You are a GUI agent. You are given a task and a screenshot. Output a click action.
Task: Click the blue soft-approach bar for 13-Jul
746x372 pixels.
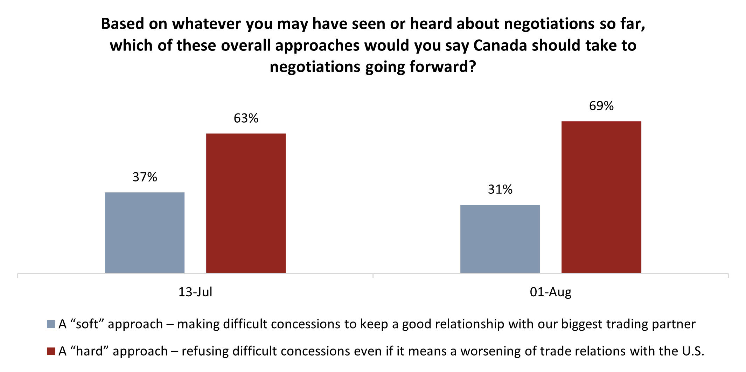point(145,233)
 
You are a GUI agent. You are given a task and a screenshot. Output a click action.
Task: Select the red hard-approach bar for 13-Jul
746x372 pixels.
point(246,203)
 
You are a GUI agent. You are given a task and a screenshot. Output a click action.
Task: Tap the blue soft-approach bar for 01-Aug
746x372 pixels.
point(500,239)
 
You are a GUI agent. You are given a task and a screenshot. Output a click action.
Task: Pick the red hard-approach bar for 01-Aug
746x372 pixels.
point(601,197)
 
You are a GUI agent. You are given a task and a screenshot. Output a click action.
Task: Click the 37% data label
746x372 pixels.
point(145,177)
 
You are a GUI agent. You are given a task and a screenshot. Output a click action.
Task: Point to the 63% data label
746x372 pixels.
point(246,118)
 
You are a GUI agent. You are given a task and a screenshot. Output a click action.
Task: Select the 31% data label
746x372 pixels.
point(500,190)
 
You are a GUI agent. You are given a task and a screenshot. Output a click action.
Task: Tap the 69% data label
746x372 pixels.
point(601,106)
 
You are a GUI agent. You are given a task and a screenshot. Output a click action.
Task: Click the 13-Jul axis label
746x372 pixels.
point(195,292)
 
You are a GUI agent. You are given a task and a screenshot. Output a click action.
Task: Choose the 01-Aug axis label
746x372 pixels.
point(550,292)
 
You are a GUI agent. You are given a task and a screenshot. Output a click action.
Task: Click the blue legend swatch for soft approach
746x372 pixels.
point(51,324)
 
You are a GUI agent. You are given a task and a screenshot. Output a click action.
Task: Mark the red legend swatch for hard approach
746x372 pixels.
point(51,351)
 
